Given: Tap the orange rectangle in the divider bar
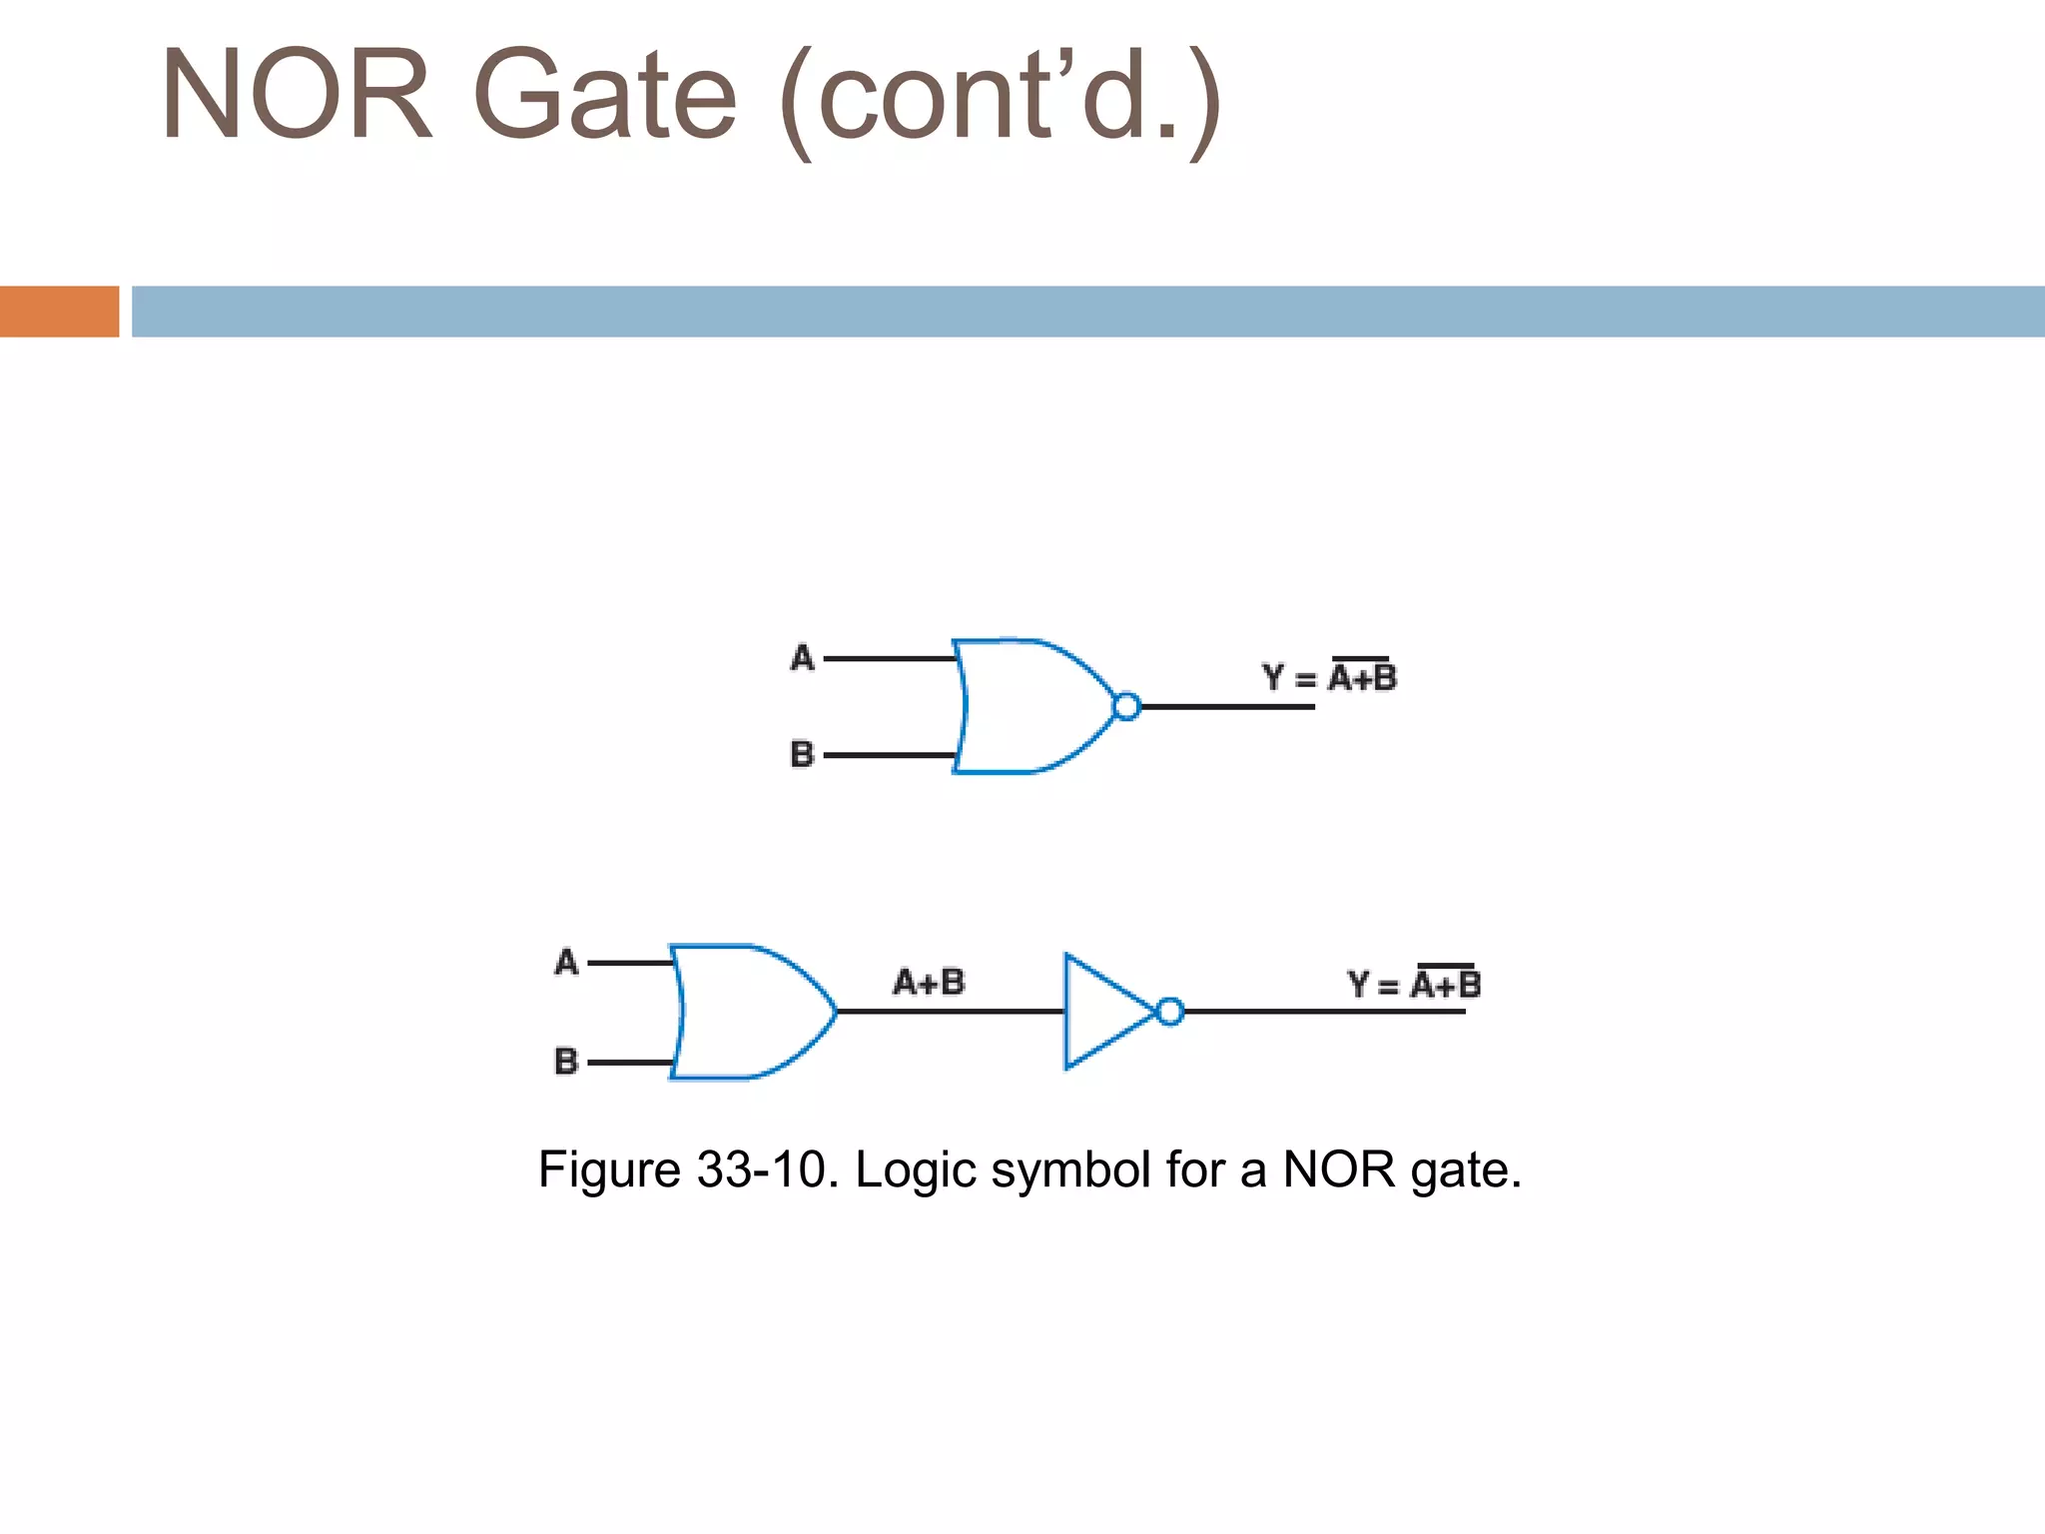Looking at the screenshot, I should point(59,312).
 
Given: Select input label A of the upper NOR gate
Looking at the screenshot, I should point(802,658).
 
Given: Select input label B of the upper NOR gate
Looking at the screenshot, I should point(802,754).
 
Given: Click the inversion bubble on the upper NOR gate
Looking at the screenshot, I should point(1126,706).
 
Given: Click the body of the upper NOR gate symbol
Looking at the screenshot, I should point(1028,706).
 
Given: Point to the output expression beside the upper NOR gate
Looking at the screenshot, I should point(1329,677).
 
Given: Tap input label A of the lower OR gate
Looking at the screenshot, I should point(566,962).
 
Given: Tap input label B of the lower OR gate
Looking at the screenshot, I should point(566,1061).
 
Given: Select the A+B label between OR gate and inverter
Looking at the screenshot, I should point(929,982).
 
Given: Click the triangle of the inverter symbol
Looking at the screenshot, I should point(1098,1011).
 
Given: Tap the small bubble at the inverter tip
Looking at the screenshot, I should point(1170,1012).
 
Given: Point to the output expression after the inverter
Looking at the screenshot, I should point(1414,985).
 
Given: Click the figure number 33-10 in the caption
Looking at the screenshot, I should point(762,1169).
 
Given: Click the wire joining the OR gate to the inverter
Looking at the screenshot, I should point(949,1012).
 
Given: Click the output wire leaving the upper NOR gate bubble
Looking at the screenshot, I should point(1228,707).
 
